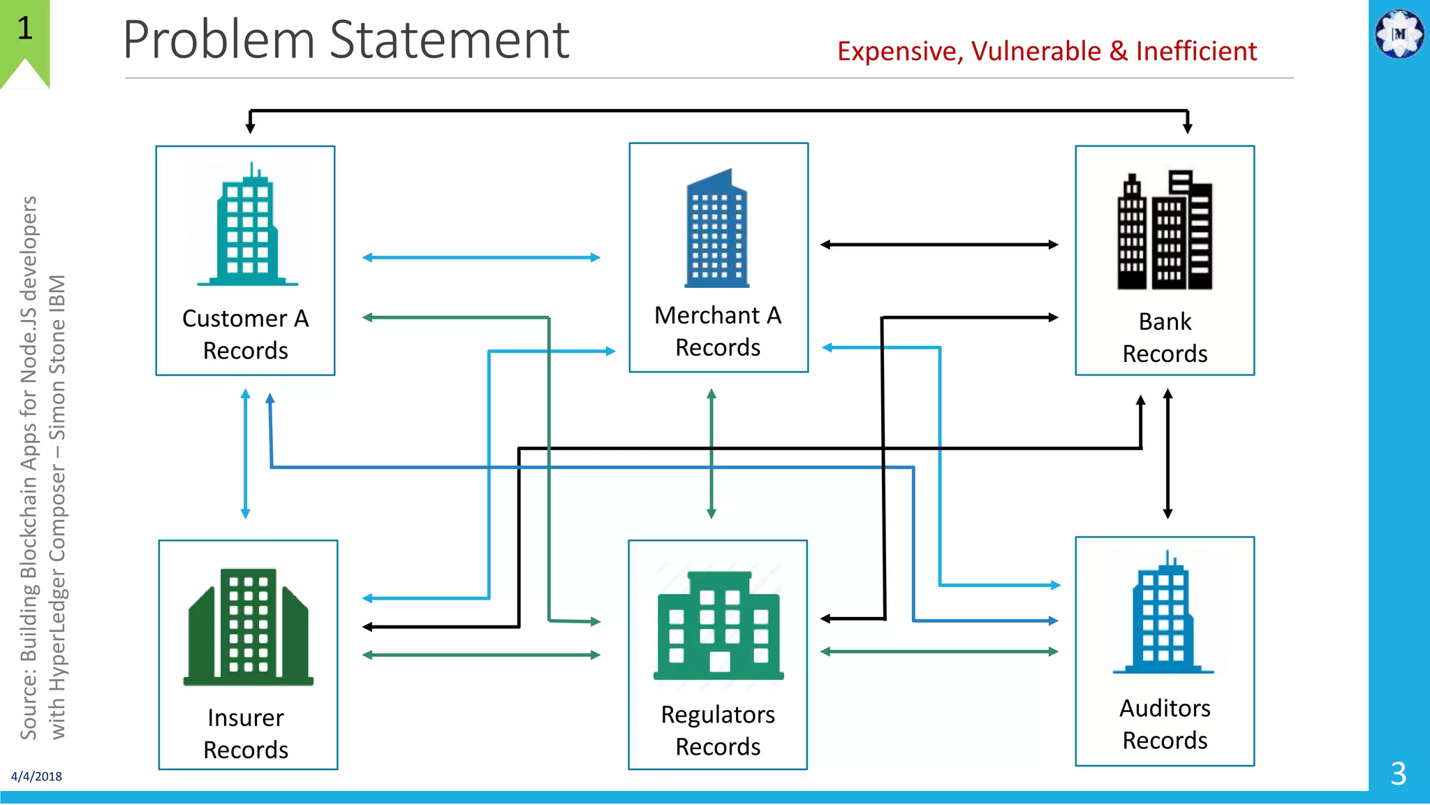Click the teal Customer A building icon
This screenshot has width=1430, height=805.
pyautogui.click(x=247, y=227)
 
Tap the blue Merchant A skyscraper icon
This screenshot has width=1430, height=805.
pyautogui.click(x=717, y=231)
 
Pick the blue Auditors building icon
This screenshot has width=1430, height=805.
pyautogui.click(x=1163, y=615)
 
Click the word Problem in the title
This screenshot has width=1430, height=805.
pyautogui.click(x=219, y=40)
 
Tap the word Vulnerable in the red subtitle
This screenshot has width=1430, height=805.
pyautogui.click(x=1035, y=52)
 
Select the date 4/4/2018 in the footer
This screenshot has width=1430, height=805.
pyautogui.click(x=36, y=776)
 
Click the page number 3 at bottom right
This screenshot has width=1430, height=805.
pyautogui.click(x=1398, y=774)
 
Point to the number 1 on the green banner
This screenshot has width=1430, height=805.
pyautogui.click(x=25, y=29)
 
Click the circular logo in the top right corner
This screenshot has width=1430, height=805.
pyautogui.click(x=1399, y=33)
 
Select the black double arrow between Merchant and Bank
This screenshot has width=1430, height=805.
pyautogui.click(x=939, y=245)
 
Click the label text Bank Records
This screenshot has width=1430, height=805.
pyautogui.click(x=1165, y=338)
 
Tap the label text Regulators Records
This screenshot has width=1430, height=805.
pyautogui.click(x=718, y=730)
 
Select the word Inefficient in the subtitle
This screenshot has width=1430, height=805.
pyautogui.click(x=1196, y=52)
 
